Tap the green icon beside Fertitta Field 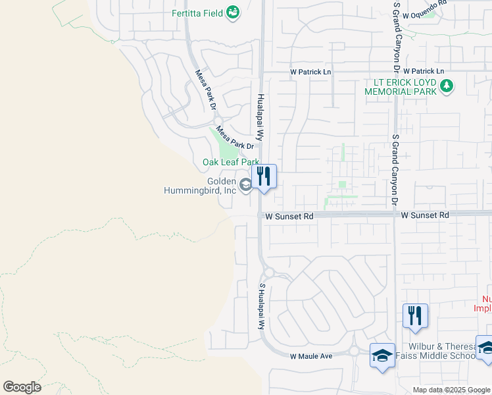point(232,13)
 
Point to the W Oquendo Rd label point(424,3)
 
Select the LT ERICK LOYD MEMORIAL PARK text point(401,87)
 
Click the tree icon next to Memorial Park point(447,86)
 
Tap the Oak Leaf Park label point(231,162)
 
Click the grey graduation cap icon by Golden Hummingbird point(245,186)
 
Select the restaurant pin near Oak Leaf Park point(264,176)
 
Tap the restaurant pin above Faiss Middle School point(415,316)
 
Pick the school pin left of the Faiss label point(382,355)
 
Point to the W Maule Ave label point(312,356)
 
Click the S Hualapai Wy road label point(261,307)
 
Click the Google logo point(22,387)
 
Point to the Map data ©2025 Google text point(452,390)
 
